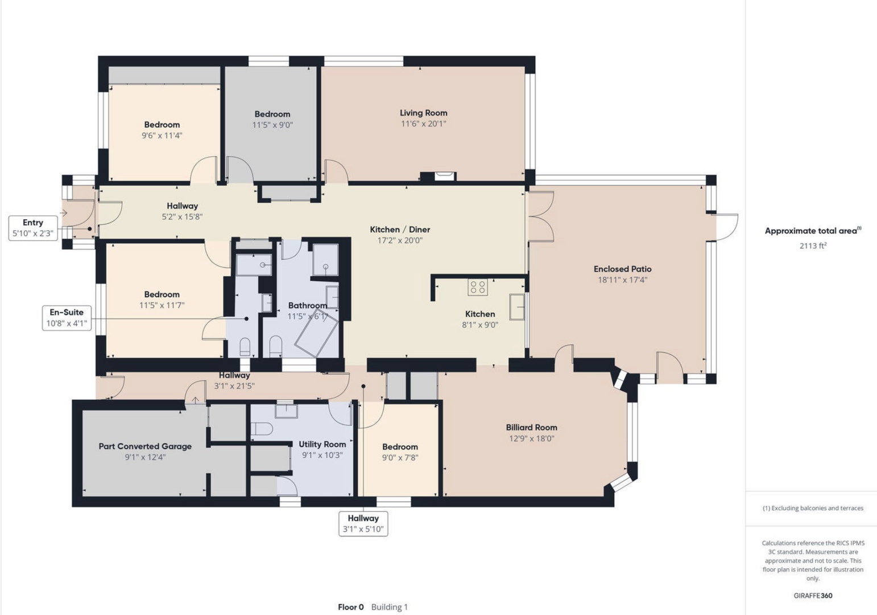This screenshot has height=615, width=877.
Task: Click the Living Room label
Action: (x=423, y=113)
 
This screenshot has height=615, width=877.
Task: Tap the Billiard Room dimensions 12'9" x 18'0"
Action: (x=531, y=438)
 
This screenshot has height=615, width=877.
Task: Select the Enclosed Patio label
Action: (x=622, y=269)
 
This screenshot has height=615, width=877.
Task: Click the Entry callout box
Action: (x=33, y=228)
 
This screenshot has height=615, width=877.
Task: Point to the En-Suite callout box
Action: (x=66, y=318)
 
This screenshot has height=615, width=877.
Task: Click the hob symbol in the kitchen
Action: (x=478, y=287)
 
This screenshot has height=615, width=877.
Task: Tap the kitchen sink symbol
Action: (x=516, y=307)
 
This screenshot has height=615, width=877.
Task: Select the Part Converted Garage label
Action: (x=145, y=446)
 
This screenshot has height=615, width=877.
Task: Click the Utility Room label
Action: (x=322, y=444)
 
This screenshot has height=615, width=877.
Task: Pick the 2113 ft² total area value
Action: (x=813, y=246)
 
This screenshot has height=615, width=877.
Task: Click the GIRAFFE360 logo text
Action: (x=813, y=596)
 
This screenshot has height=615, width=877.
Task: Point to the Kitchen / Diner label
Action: (x=400, y=229)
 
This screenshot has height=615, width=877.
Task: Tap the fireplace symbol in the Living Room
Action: (x=444, y=176)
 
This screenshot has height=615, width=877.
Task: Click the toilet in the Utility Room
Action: (x=262, y=428)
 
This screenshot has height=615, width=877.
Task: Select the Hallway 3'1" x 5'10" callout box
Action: (x=363, y=523)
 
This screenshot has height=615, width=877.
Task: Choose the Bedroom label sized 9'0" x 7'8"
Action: (x=400, y=447)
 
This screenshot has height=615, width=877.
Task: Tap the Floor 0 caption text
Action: (x=350, y=607)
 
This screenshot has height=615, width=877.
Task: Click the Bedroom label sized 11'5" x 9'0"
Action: (x=272, y=114)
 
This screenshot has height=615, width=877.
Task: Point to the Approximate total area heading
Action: (x=812, y=231)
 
